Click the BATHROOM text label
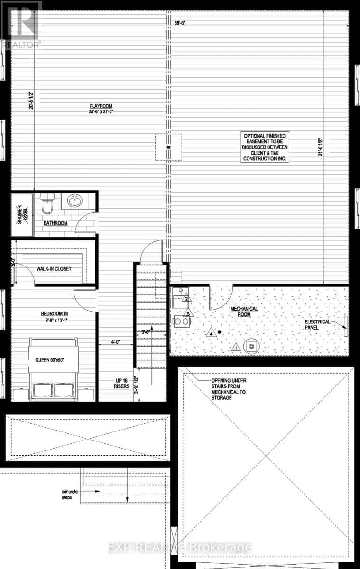[x=55, y=223]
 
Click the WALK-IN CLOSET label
[x=54, y=269]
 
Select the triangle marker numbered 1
[x=236, y=349]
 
